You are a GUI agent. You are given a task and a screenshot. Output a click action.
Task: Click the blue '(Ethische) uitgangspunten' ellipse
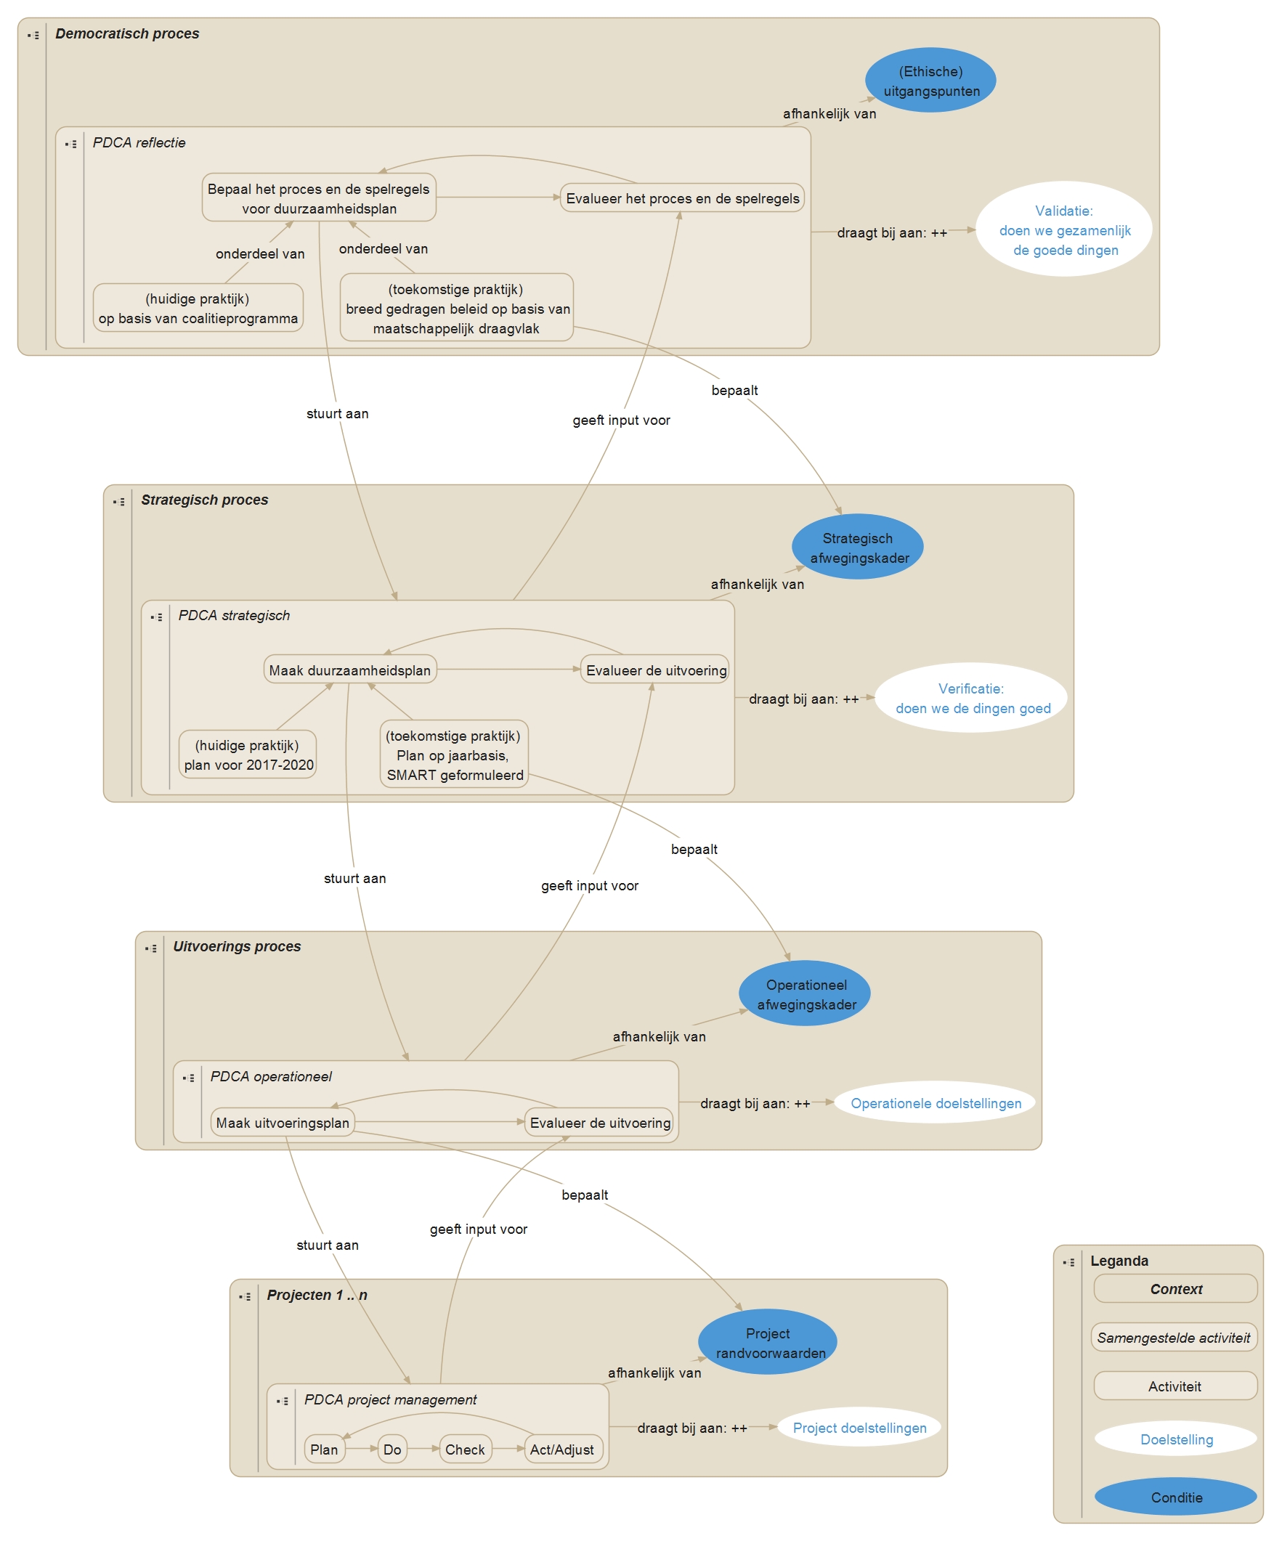[930, 81]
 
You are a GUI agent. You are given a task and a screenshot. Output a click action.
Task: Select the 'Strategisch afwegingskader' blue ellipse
[856, 548]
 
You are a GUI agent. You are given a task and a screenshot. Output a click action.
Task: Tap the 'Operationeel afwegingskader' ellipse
[804, 993]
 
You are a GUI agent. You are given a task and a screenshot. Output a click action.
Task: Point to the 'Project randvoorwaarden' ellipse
[767, 1343]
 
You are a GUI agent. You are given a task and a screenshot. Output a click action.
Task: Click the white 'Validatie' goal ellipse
[1063, 229]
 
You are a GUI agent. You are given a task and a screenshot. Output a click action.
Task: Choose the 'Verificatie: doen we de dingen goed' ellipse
[970, 698]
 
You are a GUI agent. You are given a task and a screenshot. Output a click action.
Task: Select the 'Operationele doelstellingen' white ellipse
[934, 1103]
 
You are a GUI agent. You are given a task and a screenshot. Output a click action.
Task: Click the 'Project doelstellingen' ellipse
[859, 1428]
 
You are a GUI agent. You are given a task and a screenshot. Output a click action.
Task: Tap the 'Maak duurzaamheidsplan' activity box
[350, 670]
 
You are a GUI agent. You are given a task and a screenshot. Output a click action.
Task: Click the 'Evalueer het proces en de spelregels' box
[682, 198]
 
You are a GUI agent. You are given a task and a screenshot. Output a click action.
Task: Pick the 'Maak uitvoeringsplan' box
[283, 1123]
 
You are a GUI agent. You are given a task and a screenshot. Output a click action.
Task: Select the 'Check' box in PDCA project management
[465, 1449]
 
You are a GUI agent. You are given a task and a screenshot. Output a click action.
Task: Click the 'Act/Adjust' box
[562, 1449]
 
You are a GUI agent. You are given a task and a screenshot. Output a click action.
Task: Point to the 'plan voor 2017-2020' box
[248, 755]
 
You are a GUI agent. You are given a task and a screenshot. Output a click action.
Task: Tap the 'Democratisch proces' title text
[127, 33]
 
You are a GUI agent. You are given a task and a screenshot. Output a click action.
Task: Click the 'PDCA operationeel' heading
[271, 1076]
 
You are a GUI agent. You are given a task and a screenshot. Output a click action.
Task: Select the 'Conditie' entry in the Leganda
[1176, 1497]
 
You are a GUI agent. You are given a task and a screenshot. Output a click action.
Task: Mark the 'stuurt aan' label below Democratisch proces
[338, 414]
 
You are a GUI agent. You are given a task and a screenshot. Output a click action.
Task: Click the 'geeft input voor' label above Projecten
[479, 1229]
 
